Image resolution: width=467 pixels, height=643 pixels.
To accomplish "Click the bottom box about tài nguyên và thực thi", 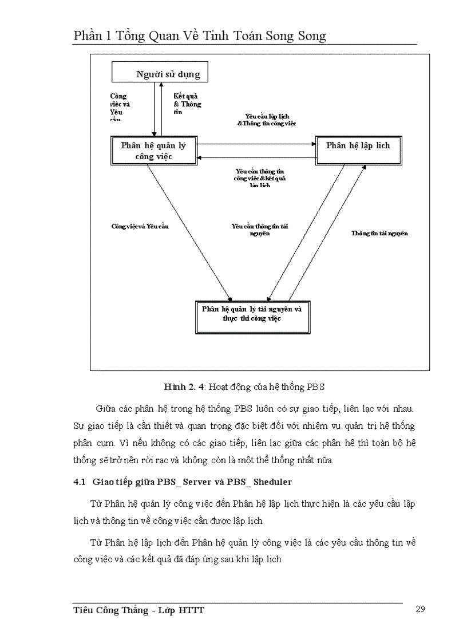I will (x=252, y=313).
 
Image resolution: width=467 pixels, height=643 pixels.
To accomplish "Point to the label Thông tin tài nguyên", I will (x=379, y=234).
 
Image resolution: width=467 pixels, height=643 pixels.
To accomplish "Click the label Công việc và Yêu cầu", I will (x=140, y=226).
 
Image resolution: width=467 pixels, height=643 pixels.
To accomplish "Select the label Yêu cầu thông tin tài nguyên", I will (x=259, y=230).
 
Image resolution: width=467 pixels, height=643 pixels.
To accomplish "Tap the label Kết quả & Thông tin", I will (x=187, y=104).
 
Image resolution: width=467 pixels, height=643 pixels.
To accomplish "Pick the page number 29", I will (x=419, y=609).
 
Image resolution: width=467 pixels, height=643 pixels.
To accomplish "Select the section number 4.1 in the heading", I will (x=80, y=482).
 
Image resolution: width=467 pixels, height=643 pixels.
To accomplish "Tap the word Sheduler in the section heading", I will (x=272, y=482).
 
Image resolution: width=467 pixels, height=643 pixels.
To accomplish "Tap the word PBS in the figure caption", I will (x=315, y=387).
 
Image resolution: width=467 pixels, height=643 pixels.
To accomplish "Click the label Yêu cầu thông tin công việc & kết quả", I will (x=260, y=178).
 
